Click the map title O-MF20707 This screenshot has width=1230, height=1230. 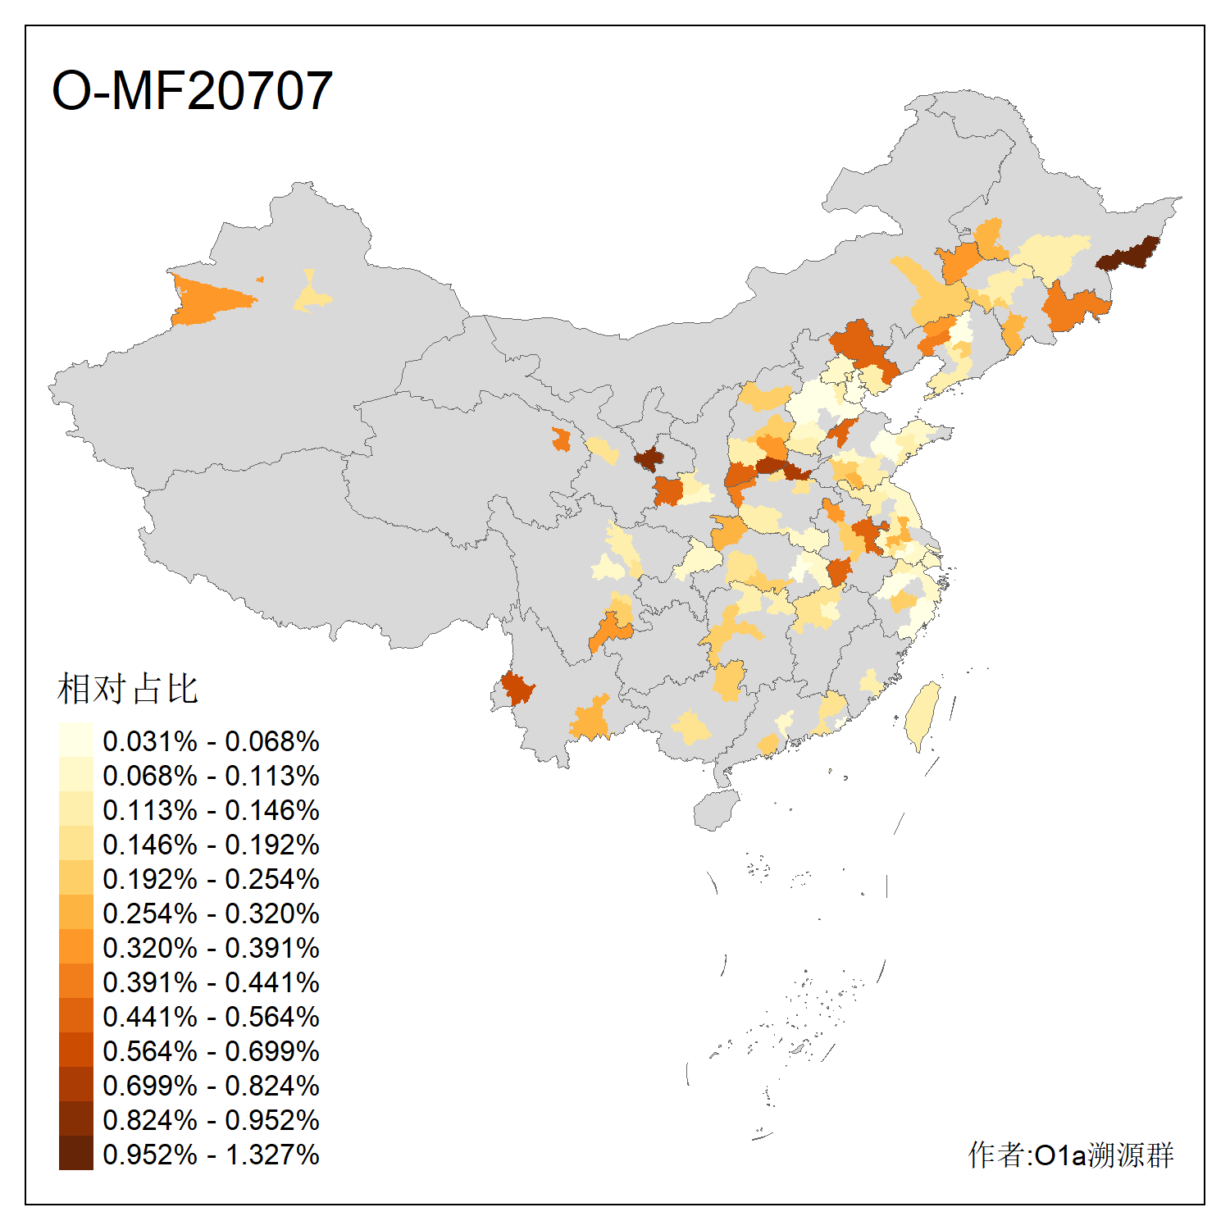pos(192,90)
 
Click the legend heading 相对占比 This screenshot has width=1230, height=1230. pos(128,689)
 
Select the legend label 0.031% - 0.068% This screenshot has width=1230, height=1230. pos(211,741)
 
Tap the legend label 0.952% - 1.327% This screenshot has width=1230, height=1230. pos(211,1155)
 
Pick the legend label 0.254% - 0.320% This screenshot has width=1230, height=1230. pos(211,913)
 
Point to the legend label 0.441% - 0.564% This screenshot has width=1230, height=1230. pos(211,1017)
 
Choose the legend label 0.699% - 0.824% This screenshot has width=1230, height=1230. pos(211,1086)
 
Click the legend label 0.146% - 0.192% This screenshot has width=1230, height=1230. pos(211,845)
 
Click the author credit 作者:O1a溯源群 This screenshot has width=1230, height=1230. pos(1070,1155)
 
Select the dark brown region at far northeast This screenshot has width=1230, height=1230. pos(1128,254)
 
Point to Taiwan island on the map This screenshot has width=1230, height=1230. pos(922,713)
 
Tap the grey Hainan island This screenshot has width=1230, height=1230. pos(715,810)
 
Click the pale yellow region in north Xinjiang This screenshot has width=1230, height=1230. pos(311,295)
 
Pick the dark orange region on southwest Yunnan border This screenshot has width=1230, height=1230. pos(517,687)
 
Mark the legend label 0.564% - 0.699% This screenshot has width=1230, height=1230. pos(211,1051)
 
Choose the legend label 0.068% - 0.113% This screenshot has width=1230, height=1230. pos(211,776)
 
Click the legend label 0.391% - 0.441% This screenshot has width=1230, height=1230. pos(211,982)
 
